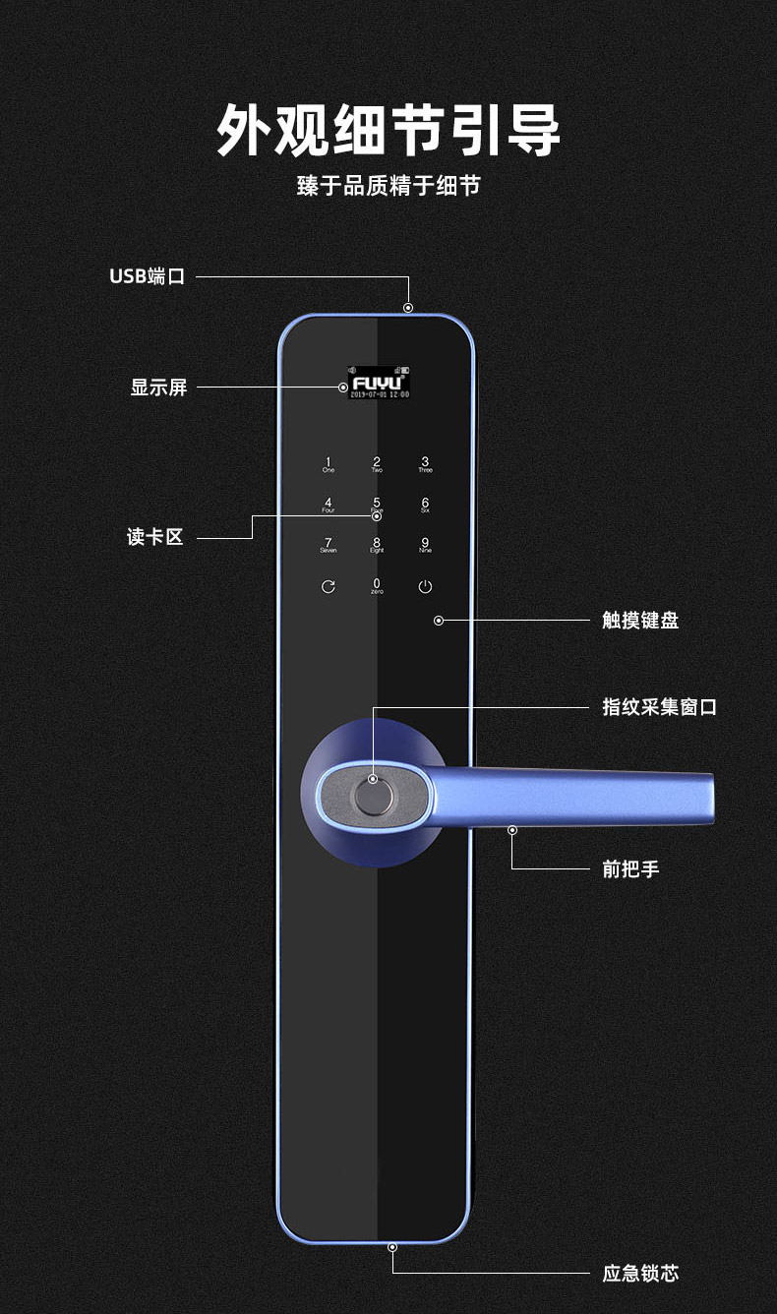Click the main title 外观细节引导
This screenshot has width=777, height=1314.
tap(388, 130)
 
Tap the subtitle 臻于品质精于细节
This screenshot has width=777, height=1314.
tap(388, 185)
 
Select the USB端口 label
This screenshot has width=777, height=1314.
tap(147, 276)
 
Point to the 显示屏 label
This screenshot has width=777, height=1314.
tap(158, 388)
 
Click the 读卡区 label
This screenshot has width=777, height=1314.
tap(155, 537)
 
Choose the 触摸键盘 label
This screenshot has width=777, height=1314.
tap(640, 621)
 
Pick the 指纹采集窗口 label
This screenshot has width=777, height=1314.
tap(659, 707)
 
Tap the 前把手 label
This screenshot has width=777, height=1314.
tap(630, 869)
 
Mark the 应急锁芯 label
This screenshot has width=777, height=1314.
tap(640, 1274)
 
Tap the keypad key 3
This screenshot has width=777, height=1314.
tap(425, 464)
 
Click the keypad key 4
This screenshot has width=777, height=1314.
tap(329, 506)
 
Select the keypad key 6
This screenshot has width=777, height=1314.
tap(425, 506)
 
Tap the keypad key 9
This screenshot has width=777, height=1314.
tap(425, 545)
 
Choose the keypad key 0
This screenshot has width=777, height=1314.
tap(377, 585)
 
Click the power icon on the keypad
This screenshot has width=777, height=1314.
tap(425, 587)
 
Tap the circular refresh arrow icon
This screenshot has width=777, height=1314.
tap(329, 587)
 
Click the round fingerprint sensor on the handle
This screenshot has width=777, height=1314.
tap(373, 793)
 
